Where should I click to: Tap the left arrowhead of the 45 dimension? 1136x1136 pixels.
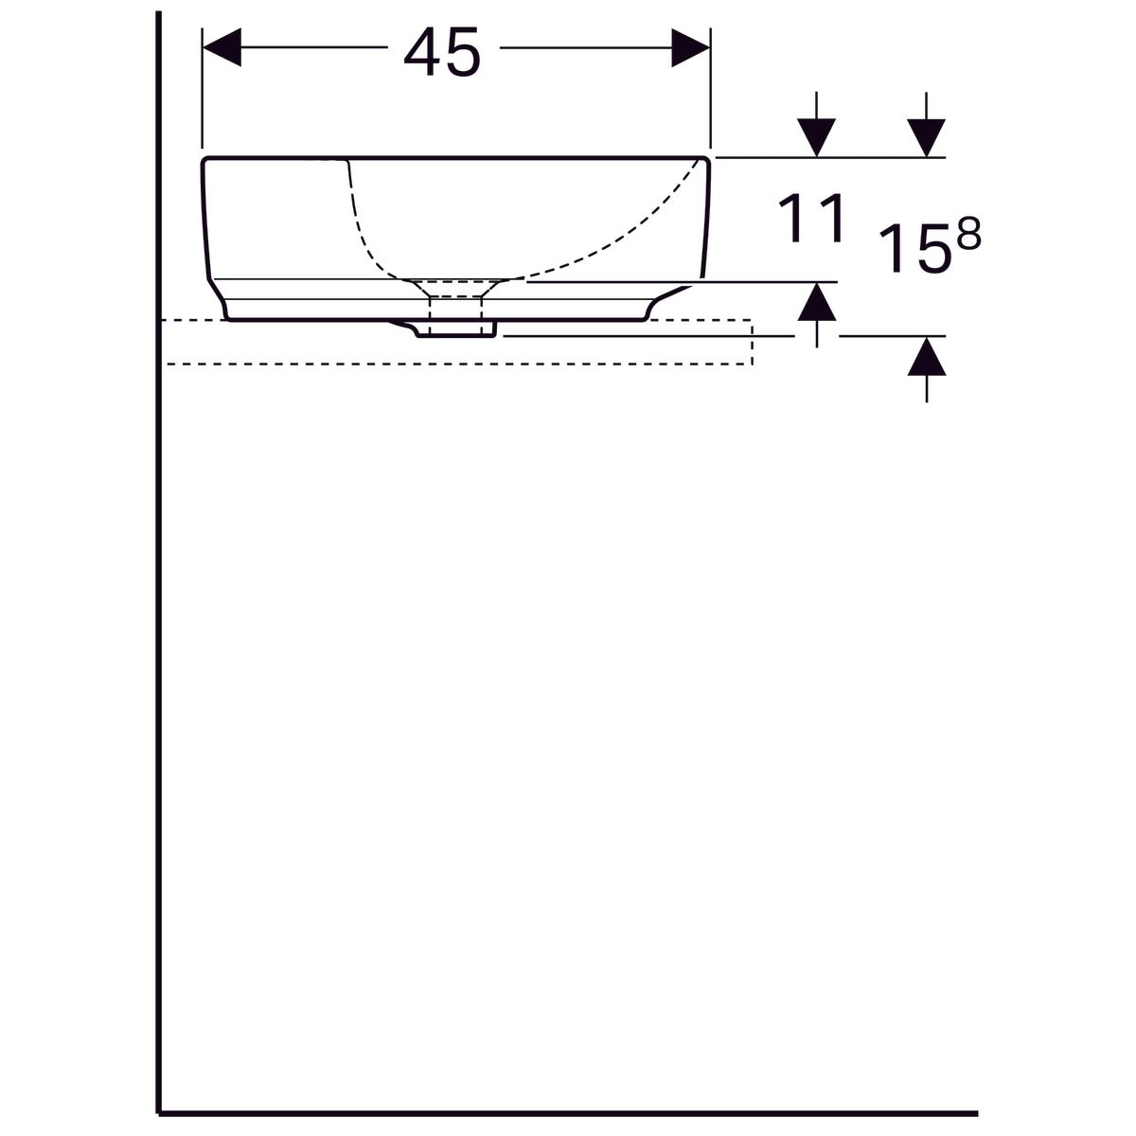pos(223,48)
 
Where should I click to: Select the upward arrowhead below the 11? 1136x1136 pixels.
pos(817,303)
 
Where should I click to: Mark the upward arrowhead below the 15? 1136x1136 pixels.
pos(927,357)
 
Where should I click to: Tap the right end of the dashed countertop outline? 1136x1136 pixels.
pos(752,343)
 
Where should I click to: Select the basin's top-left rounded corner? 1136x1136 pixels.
pos(207,162)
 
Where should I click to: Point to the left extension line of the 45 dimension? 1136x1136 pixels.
pos(203,95)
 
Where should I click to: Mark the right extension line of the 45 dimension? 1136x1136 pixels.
pos(710,95)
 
